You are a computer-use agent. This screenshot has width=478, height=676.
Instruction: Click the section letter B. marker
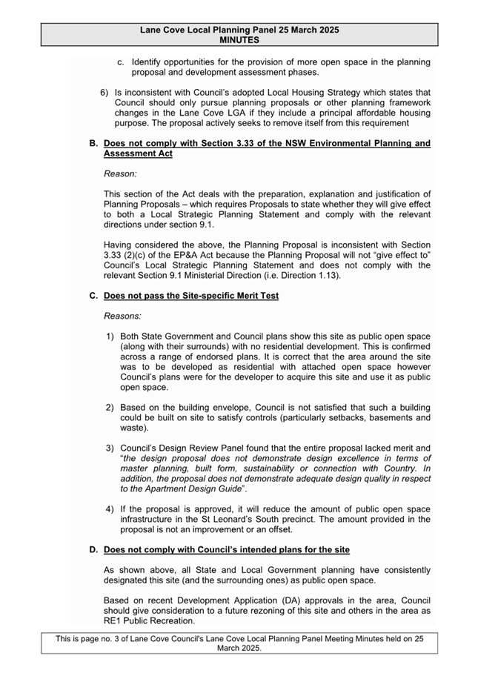tap(93, 143)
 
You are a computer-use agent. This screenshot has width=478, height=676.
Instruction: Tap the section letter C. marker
tap(93, 296)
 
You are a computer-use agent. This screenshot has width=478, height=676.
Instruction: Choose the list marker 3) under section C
tap(110, 448)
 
